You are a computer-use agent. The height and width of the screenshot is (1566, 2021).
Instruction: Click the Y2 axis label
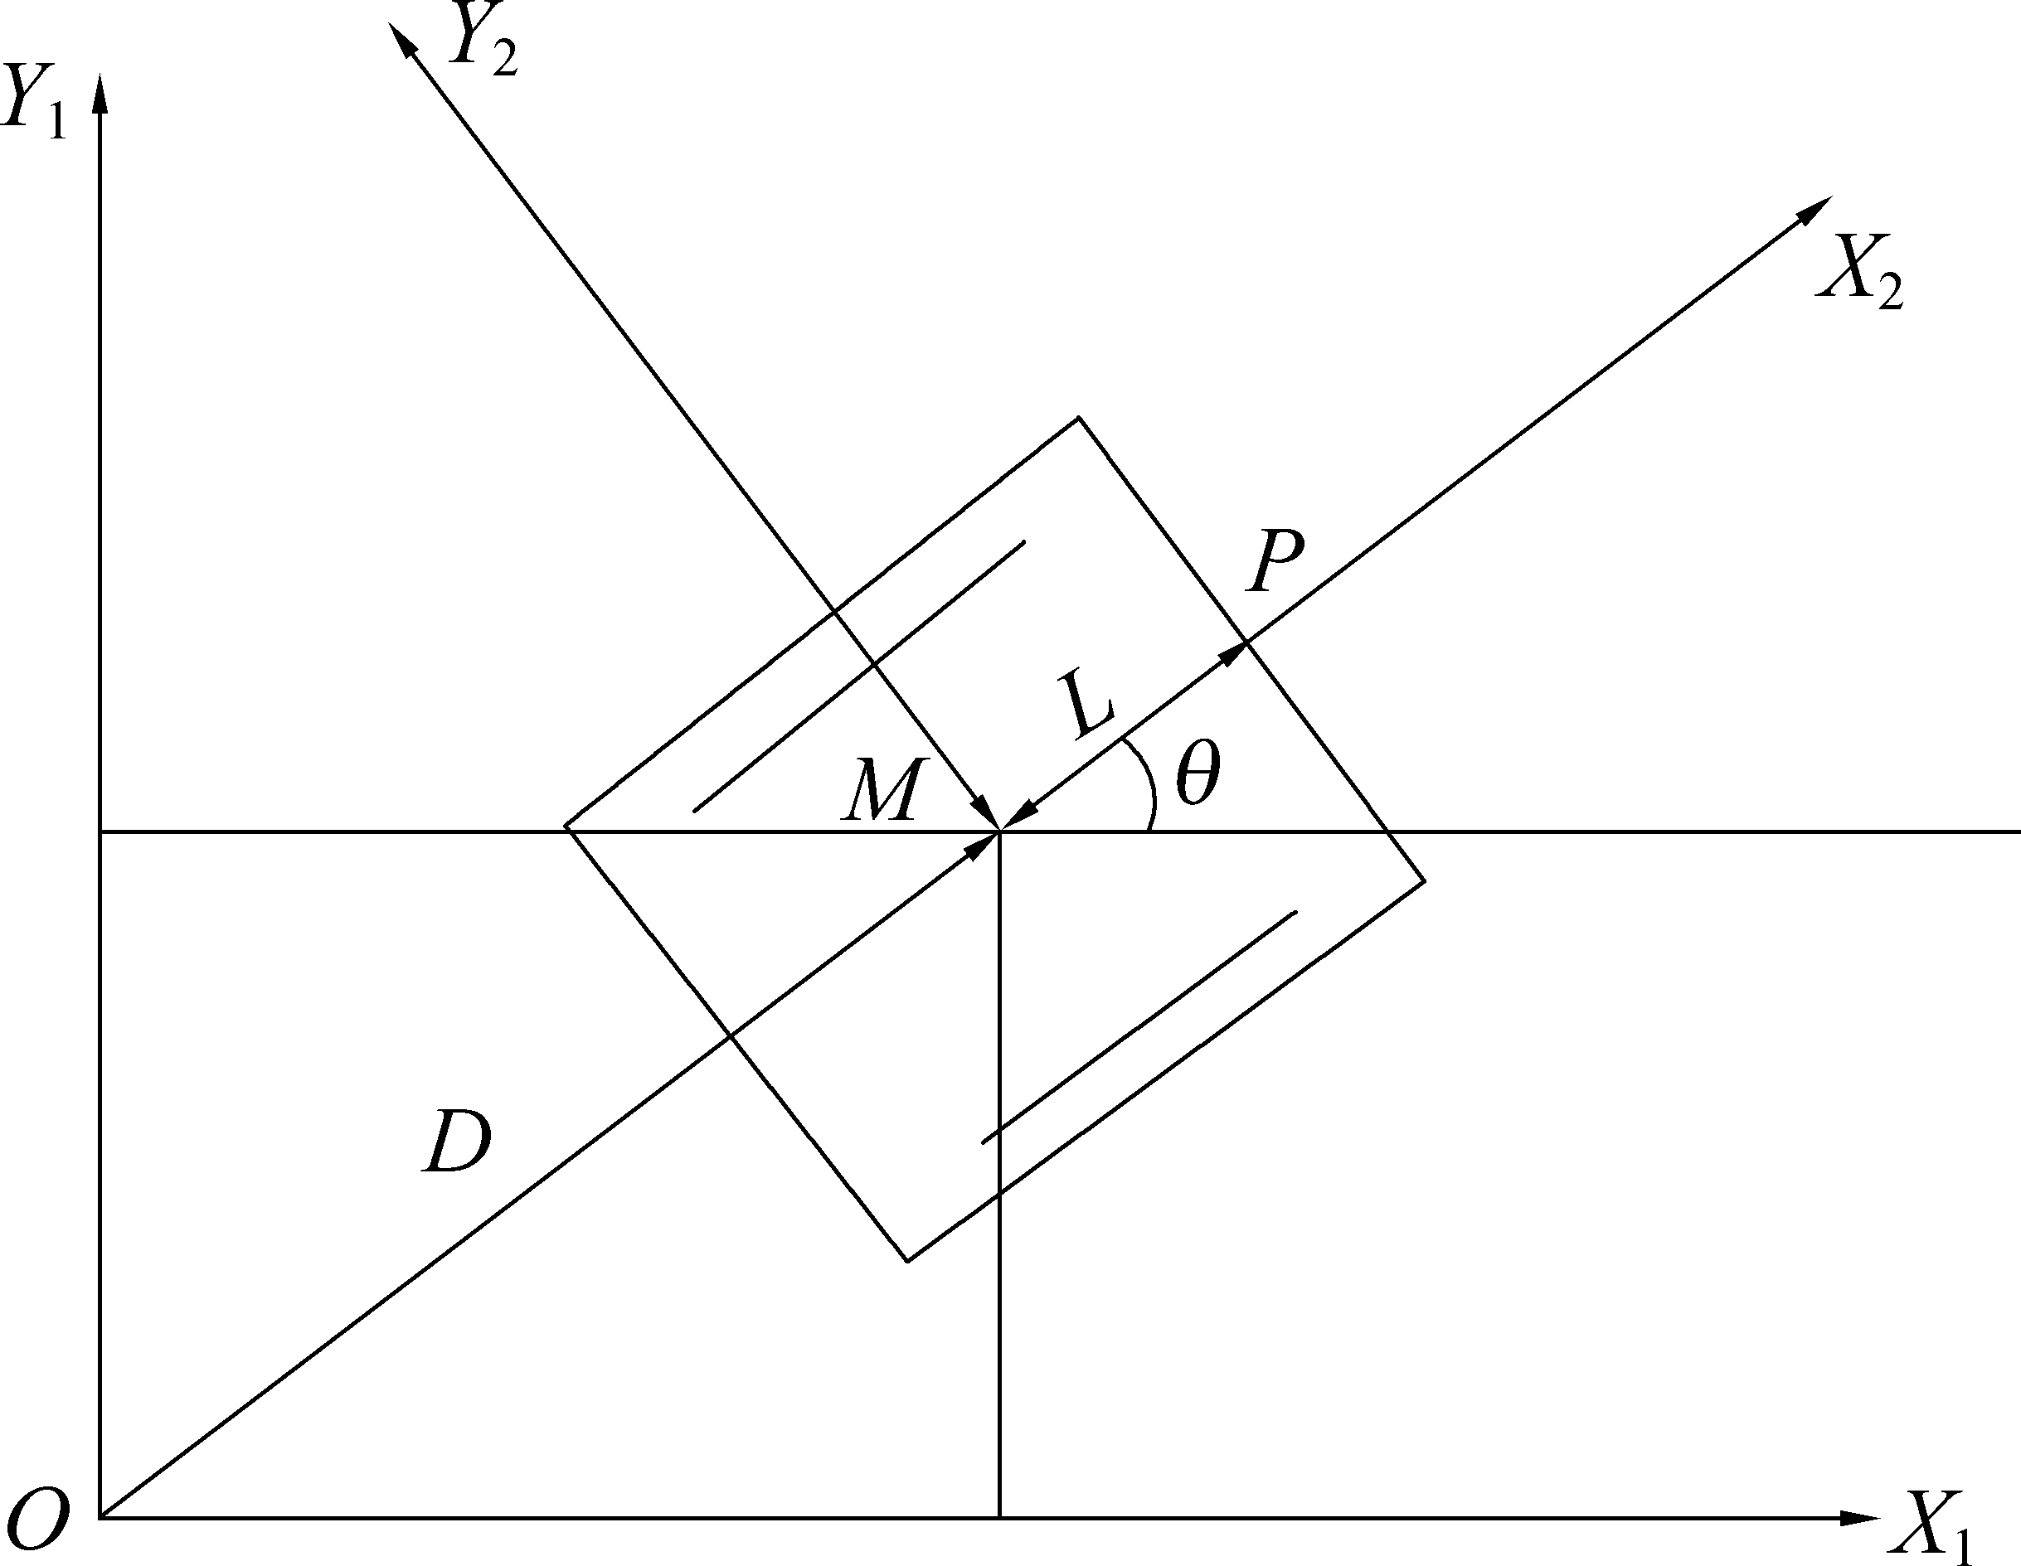(481, 42)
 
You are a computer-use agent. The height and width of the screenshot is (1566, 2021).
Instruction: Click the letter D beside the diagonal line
(457, 1142)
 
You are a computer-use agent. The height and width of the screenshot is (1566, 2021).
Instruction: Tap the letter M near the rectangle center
(884, 791)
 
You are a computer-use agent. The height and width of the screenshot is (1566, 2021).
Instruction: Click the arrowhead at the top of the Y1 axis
(100, 93)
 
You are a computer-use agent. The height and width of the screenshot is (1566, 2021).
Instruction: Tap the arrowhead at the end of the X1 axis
(1860, 1519)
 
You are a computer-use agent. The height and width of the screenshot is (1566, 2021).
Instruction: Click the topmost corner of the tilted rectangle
(1079, 418)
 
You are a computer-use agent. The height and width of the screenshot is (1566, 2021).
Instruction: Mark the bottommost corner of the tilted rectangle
(908, 1261)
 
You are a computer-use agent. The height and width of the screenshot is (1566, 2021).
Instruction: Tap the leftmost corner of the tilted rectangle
(566, 826)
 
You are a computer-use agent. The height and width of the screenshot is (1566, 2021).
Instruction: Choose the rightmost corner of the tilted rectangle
(1424, 880)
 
